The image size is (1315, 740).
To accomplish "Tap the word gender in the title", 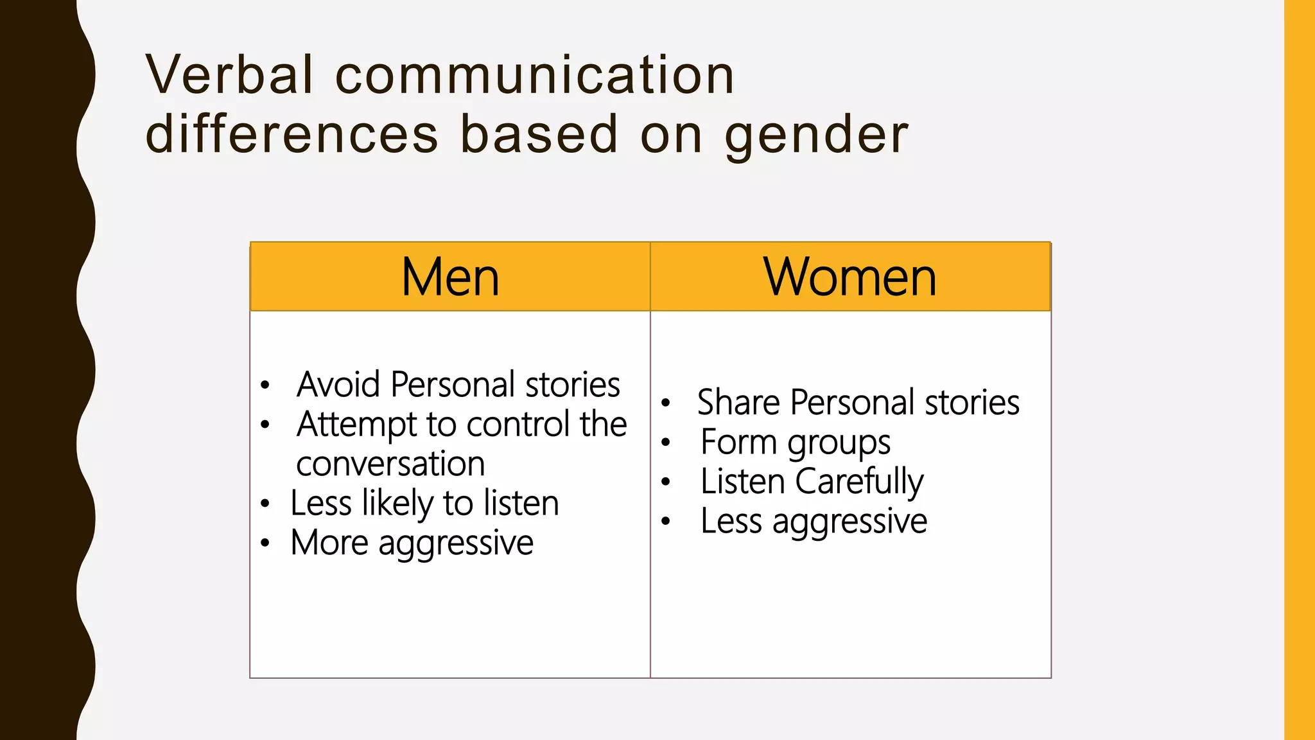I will pyautogui.click(x=816, y=135).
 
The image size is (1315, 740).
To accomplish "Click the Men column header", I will pyautogui.click(x=450, y=277).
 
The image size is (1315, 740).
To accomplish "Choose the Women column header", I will pyautogui.click(x=850, y=277).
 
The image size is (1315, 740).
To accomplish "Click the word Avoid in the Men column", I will pyautogui.click(x=338, y=384).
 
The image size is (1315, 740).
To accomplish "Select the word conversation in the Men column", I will pyautogui.click(x=390, y=464).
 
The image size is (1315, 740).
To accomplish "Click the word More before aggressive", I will pyautogui.click(x=329, y=543).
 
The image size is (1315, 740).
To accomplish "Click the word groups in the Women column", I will pyautogui.click(x=839, y=443).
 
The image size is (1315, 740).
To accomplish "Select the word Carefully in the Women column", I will pyautogui.click(x=860, y=482).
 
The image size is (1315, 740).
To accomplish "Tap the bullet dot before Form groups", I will pyautogui.click(x=666, y=442).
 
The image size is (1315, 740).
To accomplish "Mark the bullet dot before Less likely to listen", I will pyautogui.click(x=265, y=504).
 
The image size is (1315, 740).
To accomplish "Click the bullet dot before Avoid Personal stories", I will pyautogui.click(x=265, y=385).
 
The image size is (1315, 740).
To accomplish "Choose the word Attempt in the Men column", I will pyautogui.click(x=358, y=425).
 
